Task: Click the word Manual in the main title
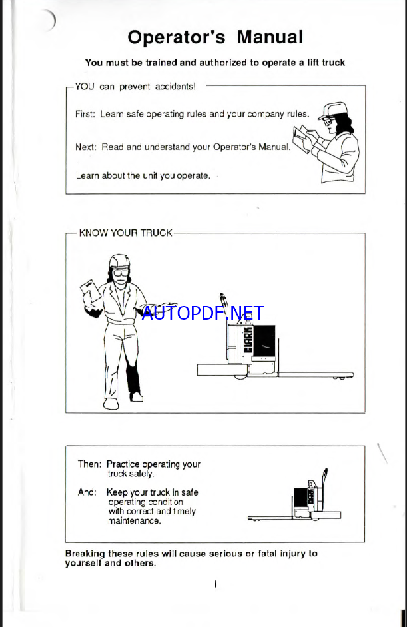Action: pos(270,37)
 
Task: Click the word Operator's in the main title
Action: pos(177,37)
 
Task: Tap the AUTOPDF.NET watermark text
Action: pos(203,313)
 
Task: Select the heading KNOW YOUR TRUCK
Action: pos(125,233)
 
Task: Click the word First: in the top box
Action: pos(85,114)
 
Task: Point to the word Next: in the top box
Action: pos(86,147)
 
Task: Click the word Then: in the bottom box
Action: pos(89,464)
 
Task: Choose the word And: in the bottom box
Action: pos(87,492)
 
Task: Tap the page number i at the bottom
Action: pos(216,584)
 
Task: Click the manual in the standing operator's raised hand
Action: pos(91,291)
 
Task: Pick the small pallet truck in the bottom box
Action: pos(294,497)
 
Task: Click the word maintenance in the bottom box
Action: pos(134,521)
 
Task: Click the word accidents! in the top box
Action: pos(175,86)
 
